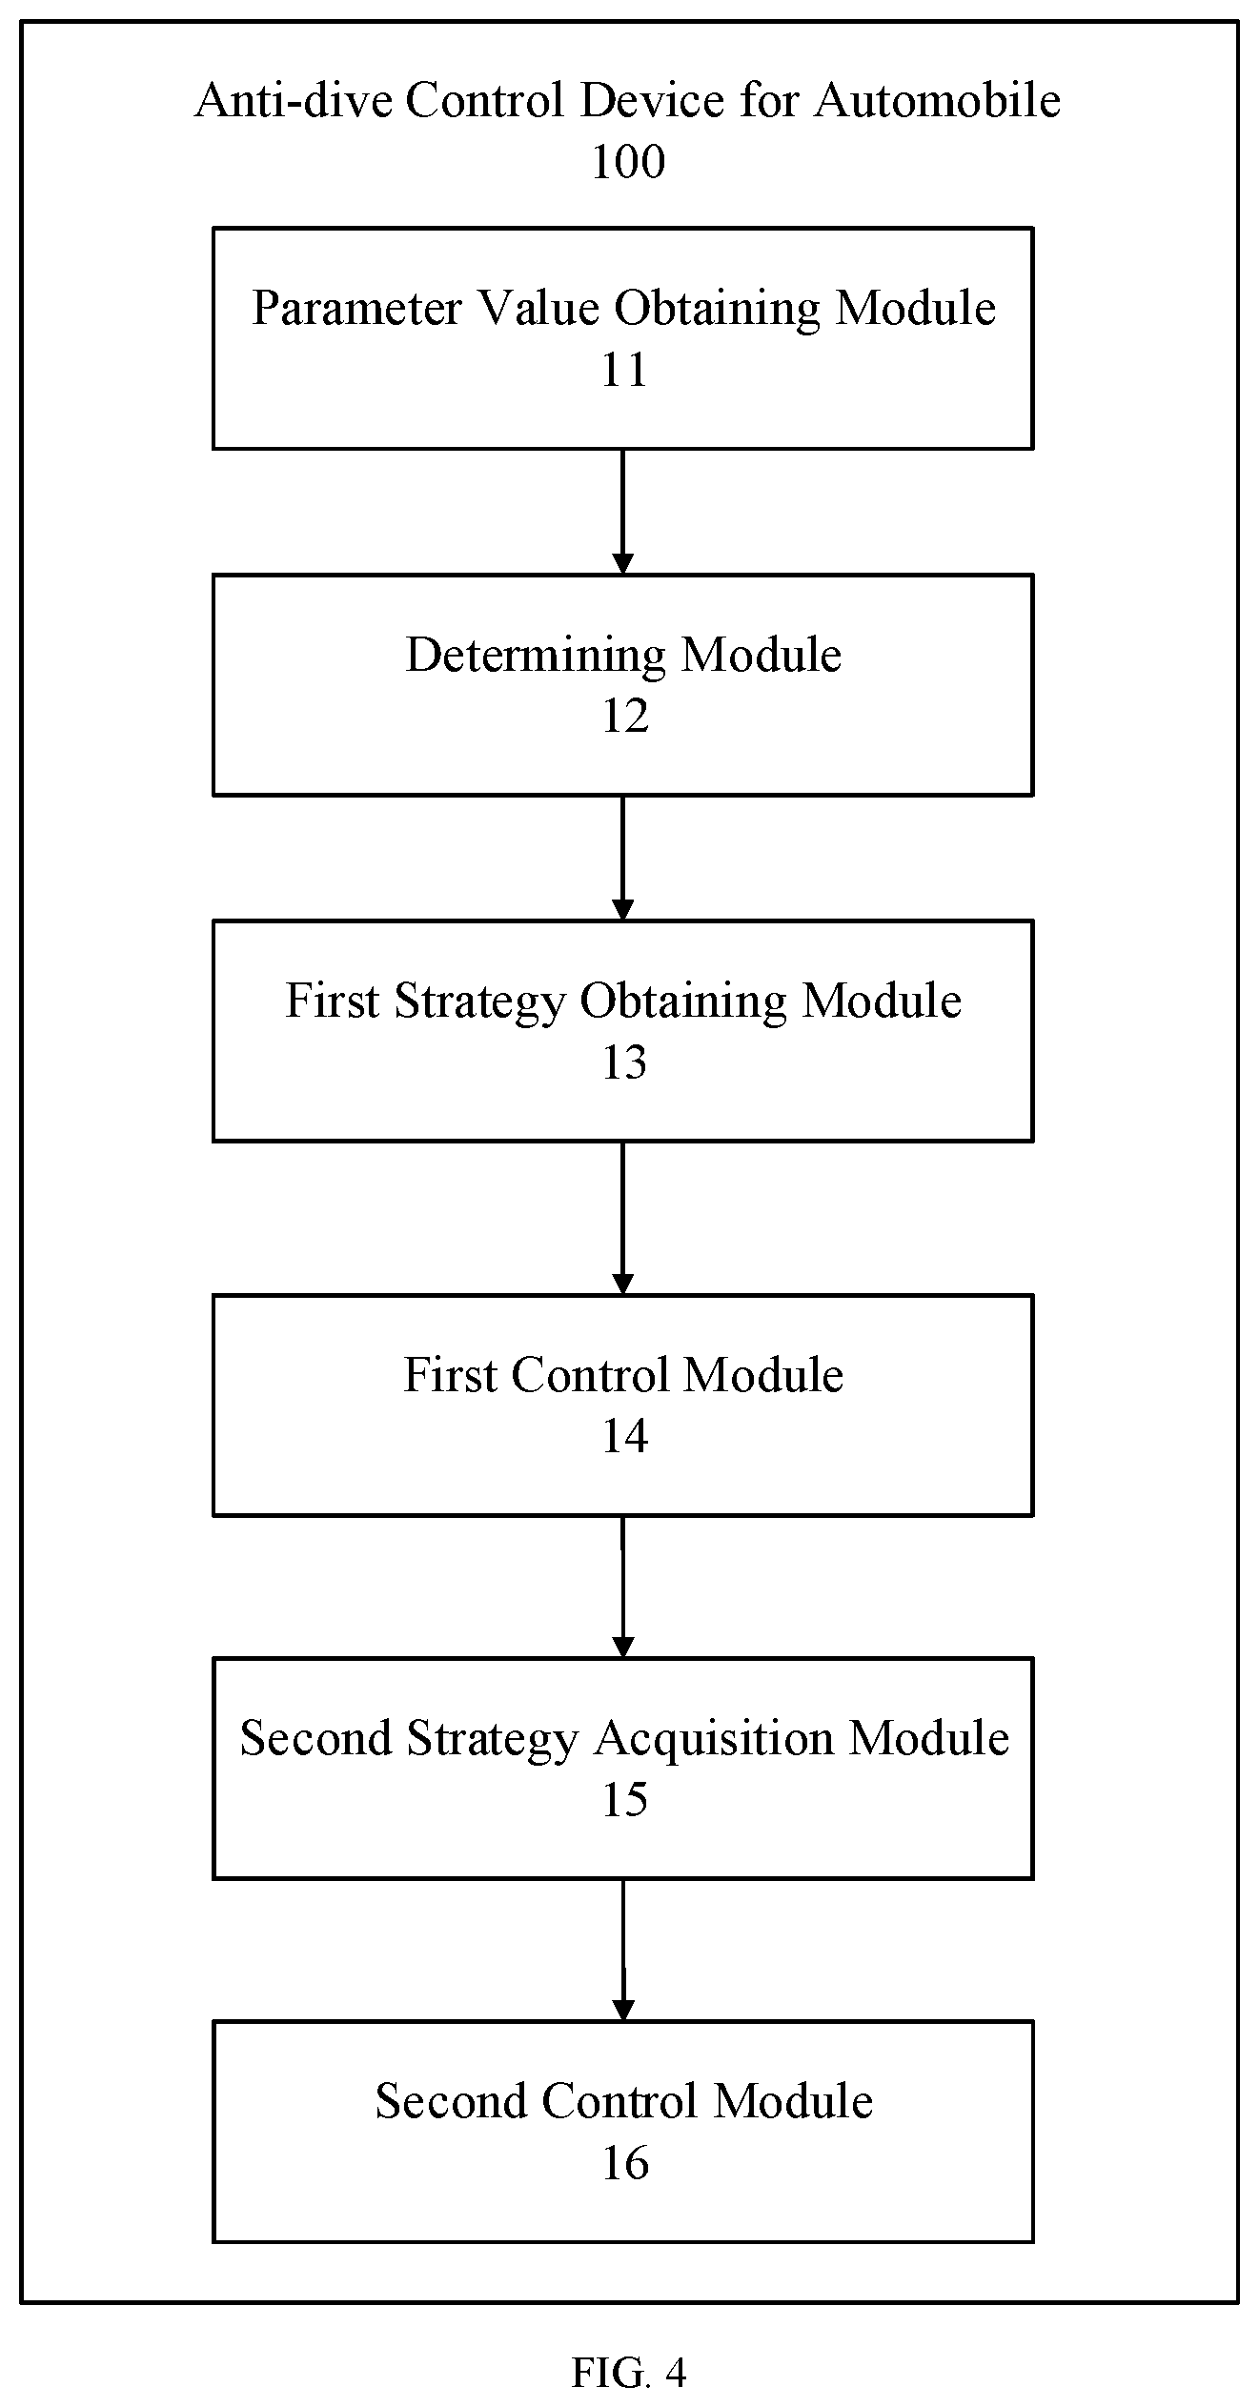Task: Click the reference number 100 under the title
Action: tap(628, 162)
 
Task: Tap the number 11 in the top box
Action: tap(624, 370)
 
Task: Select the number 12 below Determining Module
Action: tap(624, 716)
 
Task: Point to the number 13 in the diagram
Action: tap(624, 1062)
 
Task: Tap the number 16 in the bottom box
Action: tap(624, 2162)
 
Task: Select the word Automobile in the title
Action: tap(937, 100)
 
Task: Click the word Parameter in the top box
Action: tap(357, 308)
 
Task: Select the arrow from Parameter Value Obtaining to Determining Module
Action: tap(622, 512)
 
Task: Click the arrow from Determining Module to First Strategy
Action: tap(622, 858)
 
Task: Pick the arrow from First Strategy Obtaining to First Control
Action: tap(622, 1218)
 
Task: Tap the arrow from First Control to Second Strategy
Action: tap(622, 1587)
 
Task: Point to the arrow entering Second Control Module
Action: tap(622, 1950)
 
